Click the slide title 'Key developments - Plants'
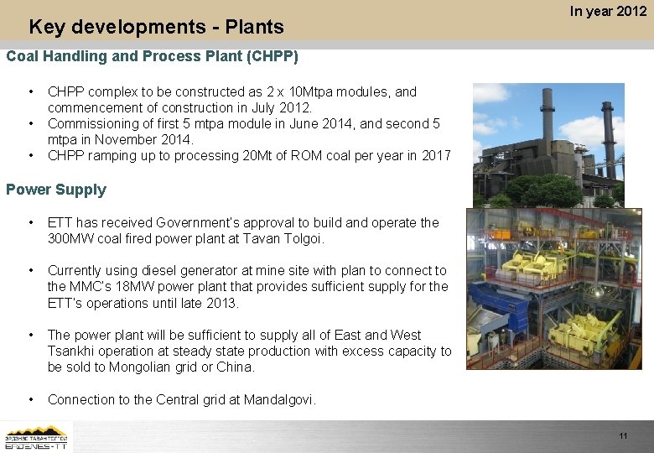(x=156, y=27)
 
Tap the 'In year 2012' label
(x=608, y=11)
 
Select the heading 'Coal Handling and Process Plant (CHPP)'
(x=152, y=57)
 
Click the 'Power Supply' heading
(x=56, y=190)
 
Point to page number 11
(x=623, y=436)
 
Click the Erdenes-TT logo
(x=37, y=436)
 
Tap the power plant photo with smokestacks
(x=548, y=144)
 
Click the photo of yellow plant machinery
(x=548, y=289)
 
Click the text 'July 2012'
(x=283, y=107)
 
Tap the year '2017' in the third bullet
(x=435, y=155)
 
